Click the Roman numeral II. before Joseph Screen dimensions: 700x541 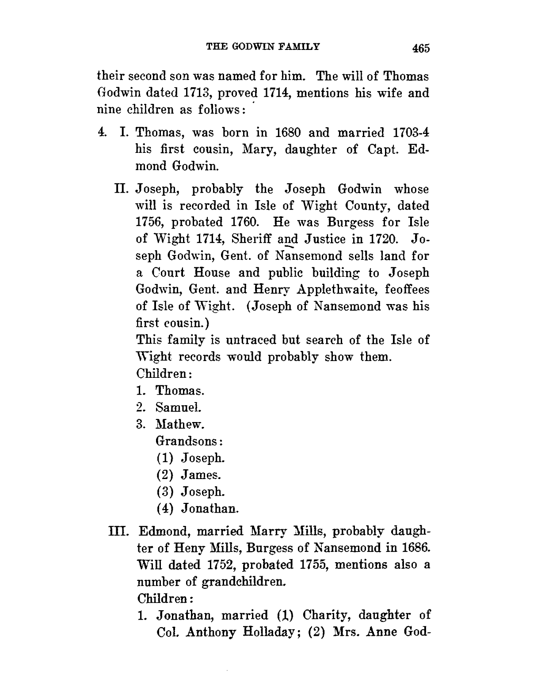point(122,190)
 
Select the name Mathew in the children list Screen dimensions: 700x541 point(179,425)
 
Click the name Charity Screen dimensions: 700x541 point(321,615)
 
